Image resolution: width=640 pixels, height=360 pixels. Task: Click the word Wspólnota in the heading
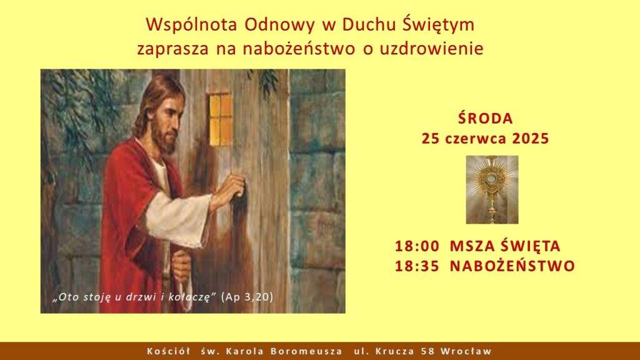point(191,25)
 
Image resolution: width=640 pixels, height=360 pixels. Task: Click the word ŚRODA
point(485,118)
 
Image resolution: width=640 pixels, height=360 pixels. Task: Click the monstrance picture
point(492,189)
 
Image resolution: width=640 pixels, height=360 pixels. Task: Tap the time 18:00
point(417,246)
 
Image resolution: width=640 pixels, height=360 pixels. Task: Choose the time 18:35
point(417,266)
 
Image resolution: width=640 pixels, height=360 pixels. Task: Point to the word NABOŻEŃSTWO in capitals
point(512,265)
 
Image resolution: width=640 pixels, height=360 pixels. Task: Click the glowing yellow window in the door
point(221,119)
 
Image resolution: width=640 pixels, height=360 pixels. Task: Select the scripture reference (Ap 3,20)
point(247,297)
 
